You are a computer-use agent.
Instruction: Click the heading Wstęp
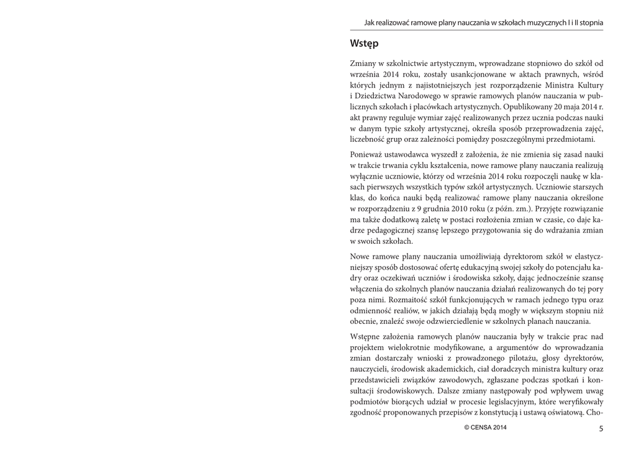[364, 44]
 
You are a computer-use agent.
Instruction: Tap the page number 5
[601, 428]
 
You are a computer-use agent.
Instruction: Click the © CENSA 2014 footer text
[486, 428]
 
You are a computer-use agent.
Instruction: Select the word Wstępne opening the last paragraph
[367, 337]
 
